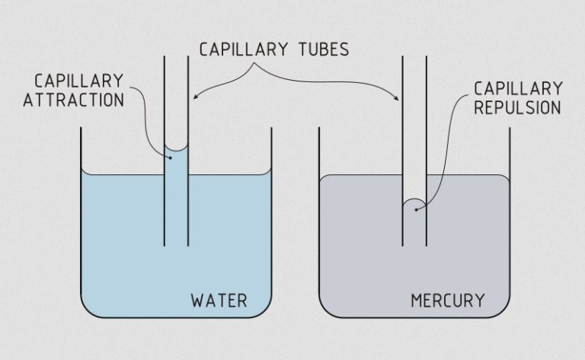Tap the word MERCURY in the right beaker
[448, 299]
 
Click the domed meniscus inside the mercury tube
[414, 204]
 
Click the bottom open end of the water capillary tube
[177, 245]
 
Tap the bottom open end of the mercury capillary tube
[414, 245]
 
